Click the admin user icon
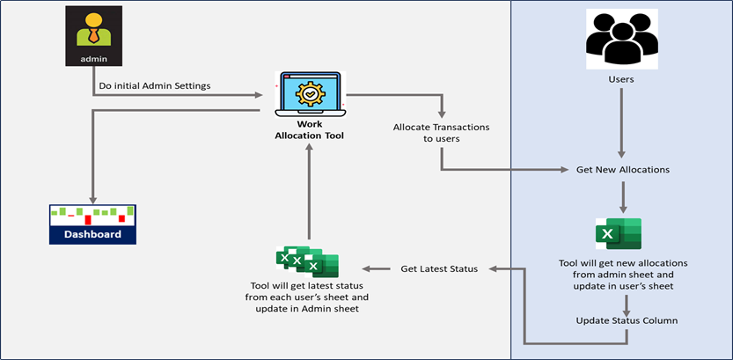[x=93, y=35]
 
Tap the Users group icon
[x=622, y=40]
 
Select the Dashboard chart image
[x=92, y=224]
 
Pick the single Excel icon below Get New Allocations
[x=619, y=234]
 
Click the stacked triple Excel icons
[x=307, y=261]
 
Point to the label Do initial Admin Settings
[x=155, y=86]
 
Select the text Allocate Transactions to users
[x=442, y=133]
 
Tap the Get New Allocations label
[x=623, y=170]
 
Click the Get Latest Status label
[x=439, y=268]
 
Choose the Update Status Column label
[x=627, y=320]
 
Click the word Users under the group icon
[x=621, y=79]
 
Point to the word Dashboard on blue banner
[x=92, y=234]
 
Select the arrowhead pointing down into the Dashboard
[x=92, y=200]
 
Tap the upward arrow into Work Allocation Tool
[x=308, y=192]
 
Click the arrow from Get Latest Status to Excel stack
[x=377, y=268]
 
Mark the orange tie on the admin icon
[x=94, y=34]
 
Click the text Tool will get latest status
[x=308, y=286]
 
